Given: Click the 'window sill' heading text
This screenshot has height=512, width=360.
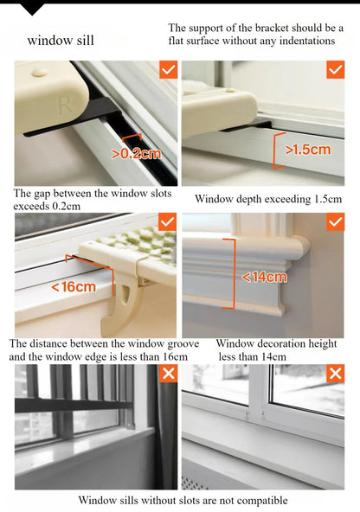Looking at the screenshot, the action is [61, 41].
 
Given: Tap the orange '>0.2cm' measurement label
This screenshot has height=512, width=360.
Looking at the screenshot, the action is [136, 153].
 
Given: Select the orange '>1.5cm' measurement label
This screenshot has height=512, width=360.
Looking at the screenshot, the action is [308, 150].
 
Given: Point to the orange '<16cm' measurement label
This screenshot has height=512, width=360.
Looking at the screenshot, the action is [74, 287].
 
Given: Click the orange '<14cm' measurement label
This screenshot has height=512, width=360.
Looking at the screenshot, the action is [264, 278].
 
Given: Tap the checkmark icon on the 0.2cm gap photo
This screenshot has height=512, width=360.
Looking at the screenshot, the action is [168, 69].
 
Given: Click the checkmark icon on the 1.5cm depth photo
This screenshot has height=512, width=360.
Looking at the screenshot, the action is [336, 69].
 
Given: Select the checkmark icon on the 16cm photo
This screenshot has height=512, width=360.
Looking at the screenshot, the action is [167, 222].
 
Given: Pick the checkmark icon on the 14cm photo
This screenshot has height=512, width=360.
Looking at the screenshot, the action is [335, 222].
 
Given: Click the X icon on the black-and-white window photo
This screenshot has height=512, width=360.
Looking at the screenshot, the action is [169, 374].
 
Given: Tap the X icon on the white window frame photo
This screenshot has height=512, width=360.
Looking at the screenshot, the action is [336, 374].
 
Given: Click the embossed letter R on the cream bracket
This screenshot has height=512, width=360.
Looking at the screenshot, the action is [64, 106].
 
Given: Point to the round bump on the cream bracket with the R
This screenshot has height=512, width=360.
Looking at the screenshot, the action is [40, 72].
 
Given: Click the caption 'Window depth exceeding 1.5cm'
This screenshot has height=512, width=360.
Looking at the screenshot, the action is [268, 199].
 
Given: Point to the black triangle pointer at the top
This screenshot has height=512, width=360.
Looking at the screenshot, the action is [32, 10].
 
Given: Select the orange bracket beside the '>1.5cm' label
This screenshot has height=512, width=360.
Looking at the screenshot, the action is [278, 150].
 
